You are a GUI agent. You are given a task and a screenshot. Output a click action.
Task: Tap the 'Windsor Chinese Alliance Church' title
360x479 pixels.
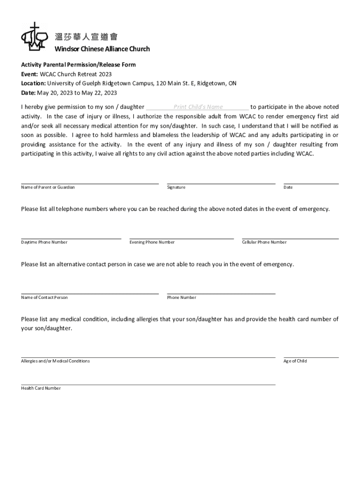pyautogui.click(x=102, y=49)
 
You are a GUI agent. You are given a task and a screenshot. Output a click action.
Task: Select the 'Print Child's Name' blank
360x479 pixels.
pyautogui.click(x=198, y=107)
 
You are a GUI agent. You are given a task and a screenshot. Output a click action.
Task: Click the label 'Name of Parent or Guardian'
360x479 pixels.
pyautogui.click(x=48, y=187)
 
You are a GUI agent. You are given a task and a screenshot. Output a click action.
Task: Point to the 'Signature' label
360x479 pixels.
pyautogui.click(x=176, y=187)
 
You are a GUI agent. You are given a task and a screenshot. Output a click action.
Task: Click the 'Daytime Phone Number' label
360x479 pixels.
pyautogui.click(x=44, y=242)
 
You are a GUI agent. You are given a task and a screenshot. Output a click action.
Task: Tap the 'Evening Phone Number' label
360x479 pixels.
pyautogui.click(x=152, y=242)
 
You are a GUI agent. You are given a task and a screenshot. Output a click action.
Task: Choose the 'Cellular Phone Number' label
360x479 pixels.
pyautogui.click(x=264, y=242)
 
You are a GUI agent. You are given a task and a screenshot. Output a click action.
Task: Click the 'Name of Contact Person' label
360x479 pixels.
pyautogui.click(x=44, y=298)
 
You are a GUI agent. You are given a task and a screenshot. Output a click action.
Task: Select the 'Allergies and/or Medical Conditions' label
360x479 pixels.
pyautogui.click(x=55, y=361)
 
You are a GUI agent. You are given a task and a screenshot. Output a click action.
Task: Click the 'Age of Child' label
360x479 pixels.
pyautogui.click(x=295, y=361)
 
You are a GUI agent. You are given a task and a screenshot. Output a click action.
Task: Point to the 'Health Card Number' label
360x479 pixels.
pyautogui.click(x=41, y=388)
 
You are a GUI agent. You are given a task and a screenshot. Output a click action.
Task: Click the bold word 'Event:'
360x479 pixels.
pyautogui.click(x=29, y=74)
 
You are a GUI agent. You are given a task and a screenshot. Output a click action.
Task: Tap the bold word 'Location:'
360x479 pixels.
pyautogui.click(x=33, y=83)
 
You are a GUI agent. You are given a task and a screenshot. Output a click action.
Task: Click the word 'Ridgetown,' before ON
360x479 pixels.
pyautogui.click(x=212, y=83)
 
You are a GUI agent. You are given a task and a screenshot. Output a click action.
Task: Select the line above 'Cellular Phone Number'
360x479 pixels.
pyautogui.click(x=290, y=239)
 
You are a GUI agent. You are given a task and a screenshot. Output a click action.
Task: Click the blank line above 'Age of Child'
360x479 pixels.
pyautogui.click(x=311, y=357)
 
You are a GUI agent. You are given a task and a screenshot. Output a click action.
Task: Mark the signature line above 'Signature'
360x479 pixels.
pyautogui.click(x=221, y=184)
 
